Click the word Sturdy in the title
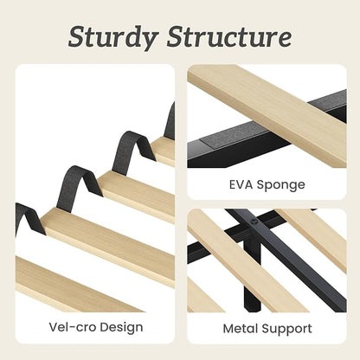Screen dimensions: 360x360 coord(113,37)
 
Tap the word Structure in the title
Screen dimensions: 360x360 coord(229,36)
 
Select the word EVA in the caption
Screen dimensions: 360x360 coord(241,184)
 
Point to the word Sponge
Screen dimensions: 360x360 coord(280,185)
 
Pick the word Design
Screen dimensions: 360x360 coord(121,328)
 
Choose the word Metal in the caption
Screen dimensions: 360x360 coord(241,329)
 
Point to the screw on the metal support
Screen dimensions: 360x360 coord(254,222)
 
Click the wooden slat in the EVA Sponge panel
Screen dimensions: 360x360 coord(267,115)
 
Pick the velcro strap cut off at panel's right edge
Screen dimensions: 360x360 coord(170,121)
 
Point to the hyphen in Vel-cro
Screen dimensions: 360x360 coord(73,328)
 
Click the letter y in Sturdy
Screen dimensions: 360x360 coord(148,41)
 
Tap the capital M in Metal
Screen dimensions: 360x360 coord(228,329)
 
